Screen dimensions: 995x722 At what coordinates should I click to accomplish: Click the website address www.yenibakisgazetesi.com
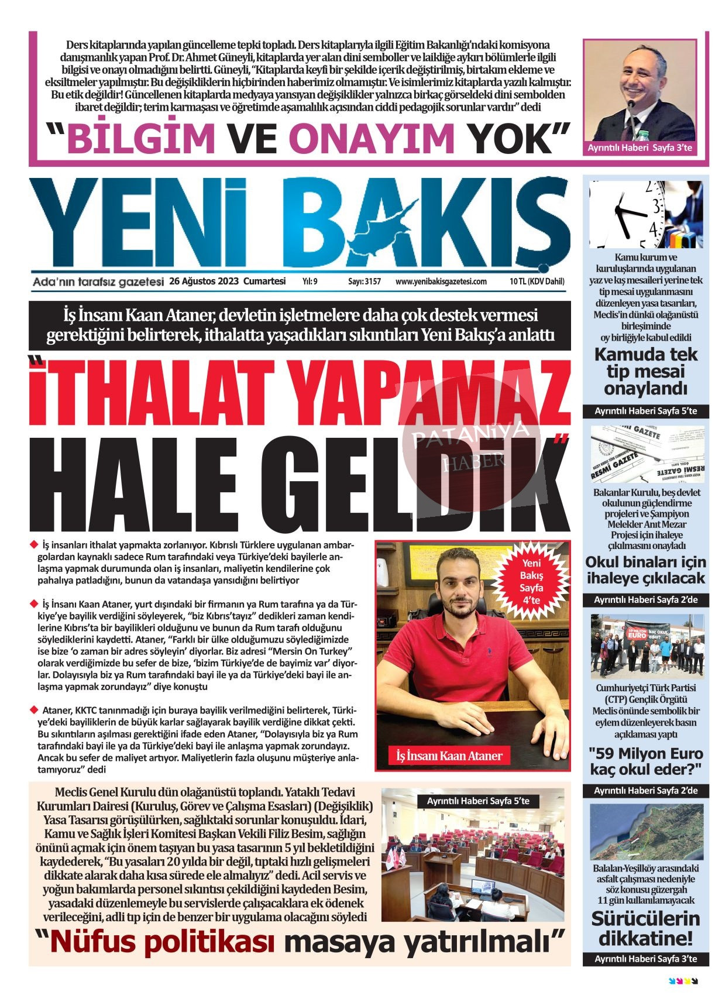441,282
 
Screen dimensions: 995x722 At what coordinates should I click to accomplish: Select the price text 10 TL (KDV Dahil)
537,282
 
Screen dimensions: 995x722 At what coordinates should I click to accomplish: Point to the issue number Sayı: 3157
364,282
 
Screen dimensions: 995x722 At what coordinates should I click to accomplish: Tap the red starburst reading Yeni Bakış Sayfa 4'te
531,581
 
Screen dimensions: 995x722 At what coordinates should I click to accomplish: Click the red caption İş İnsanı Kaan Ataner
449,756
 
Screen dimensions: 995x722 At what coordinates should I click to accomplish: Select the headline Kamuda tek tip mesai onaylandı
645,371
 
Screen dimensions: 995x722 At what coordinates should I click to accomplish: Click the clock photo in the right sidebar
645,214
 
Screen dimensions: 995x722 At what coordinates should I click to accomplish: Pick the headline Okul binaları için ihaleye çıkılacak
645,570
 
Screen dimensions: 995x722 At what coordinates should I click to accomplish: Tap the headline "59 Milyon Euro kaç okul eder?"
645,761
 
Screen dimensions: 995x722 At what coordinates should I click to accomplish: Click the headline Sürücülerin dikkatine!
645,928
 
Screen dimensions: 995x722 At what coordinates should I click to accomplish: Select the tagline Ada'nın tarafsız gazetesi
98,282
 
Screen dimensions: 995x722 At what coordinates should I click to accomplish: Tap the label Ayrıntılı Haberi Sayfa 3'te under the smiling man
640,148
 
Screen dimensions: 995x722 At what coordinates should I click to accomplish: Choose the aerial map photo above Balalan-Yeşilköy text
645,831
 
